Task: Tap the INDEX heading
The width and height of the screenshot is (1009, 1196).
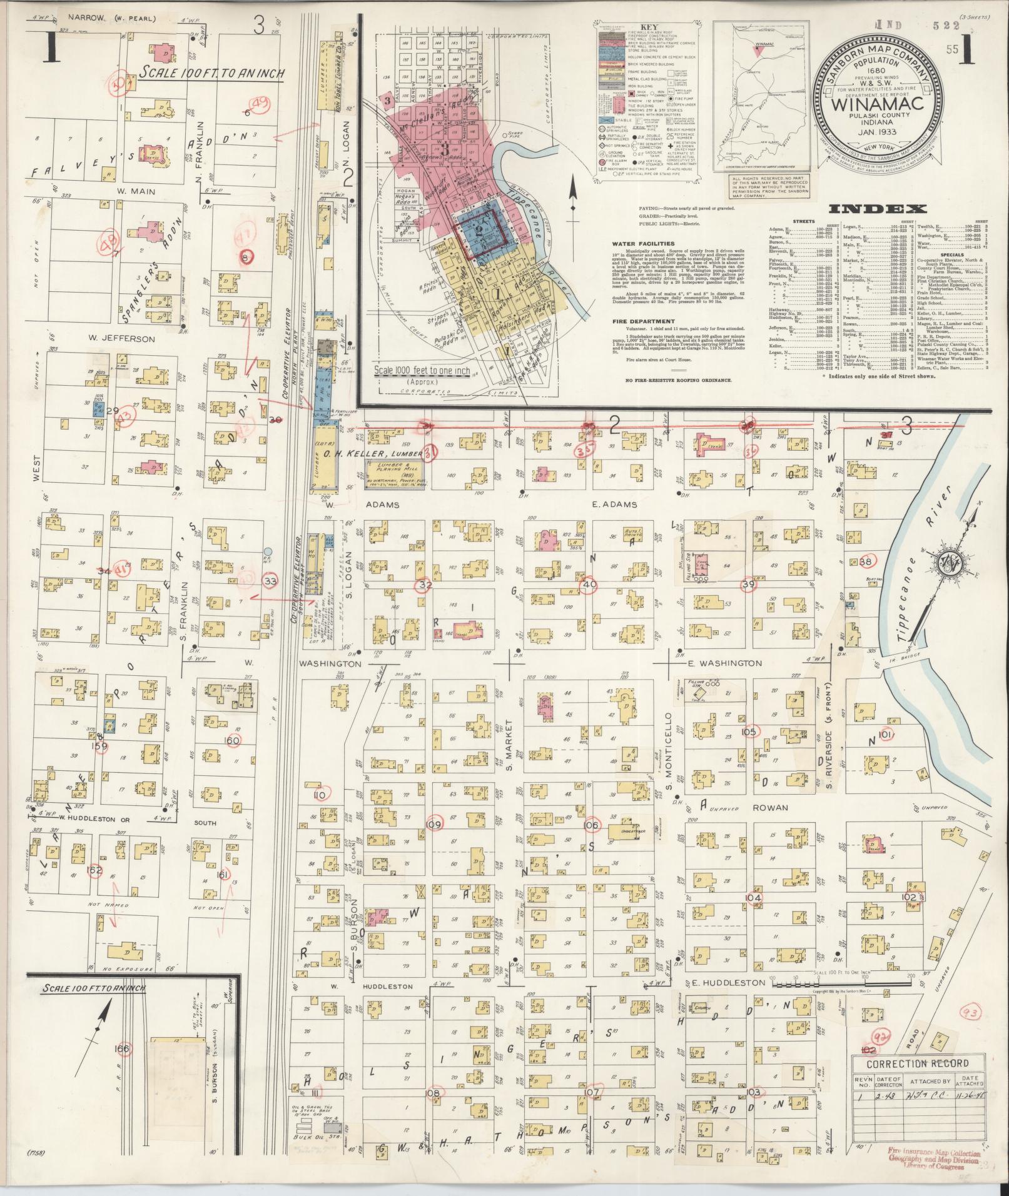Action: [879, 209]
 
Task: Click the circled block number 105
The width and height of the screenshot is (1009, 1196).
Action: [749, 731]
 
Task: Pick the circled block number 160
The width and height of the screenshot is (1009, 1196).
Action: [232, 740]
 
